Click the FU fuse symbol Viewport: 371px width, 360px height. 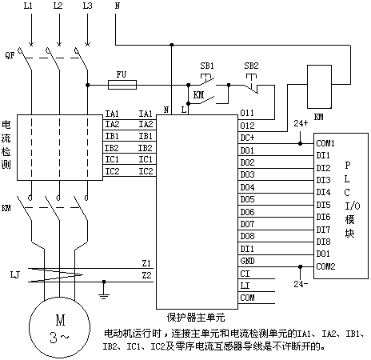(122, 85)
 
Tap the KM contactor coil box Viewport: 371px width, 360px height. (319, 86)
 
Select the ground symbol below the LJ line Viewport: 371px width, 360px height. (104, 291)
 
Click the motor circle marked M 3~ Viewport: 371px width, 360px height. (59, 328)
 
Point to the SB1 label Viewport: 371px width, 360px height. (207, 66)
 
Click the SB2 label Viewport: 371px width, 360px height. (251, 66)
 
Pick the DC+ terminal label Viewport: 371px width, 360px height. (247, 138)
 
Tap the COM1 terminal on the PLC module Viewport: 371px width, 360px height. (325, 143)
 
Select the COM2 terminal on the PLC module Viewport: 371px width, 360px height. (325, 266)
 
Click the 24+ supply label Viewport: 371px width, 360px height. (301, 123)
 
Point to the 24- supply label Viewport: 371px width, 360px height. (301, 284)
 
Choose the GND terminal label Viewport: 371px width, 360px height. (247, 261)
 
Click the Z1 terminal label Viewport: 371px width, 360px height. (146, 263)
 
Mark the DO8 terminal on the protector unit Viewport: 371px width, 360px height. (247, 236)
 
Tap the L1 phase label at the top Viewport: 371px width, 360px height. (28, 6)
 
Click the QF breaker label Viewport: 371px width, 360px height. (10, 55)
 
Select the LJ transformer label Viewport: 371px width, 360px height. (15, 274)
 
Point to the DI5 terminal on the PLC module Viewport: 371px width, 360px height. (323, 205)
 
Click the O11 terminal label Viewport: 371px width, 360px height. (247, 113)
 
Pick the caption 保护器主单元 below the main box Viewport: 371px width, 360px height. (196, 318)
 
